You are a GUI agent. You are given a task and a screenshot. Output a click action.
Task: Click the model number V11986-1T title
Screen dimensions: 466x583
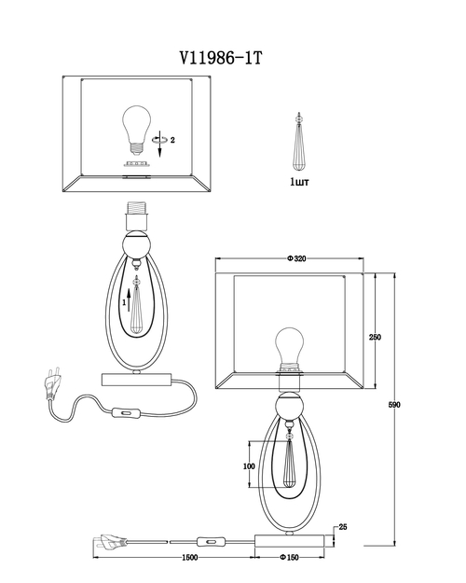pyautogui.click(x=221, y=58)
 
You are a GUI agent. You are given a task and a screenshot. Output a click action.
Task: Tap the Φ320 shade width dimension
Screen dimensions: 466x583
pyautogui.click(x=296, y=258)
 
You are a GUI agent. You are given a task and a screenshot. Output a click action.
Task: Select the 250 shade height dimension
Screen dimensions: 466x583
pyautogui.click(x=375, y=338)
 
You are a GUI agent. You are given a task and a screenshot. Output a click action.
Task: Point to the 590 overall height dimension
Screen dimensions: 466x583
pyautogui.click(x=394, y=405)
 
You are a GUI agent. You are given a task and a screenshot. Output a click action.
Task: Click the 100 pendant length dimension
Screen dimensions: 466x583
pyautogui.click(x=249, y=466)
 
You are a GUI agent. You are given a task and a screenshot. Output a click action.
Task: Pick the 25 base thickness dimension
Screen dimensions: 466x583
pyautogui.click(x=343, y=527)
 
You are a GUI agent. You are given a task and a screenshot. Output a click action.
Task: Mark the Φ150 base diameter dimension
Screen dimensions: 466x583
pyautogui.click(x=289, y=557)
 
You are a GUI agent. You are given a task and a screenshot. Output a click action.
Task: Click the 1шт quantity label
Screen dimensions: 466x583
pyautogui.click(x=299, y=182)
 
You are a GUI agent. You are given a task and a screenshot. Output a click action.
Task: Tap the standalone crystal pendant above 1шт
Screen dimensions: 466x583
pyautogui.click(x=298, y=141)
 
